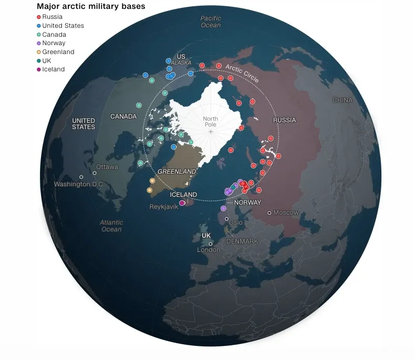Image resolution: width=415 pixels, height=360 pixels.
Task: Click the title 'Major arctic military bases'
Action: pos(91,6)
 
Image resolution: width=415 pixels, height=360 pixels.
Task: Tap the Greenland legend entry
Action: pos(58,52)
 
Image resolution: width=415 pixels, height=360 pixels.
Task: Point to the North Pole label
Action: pos(210,122)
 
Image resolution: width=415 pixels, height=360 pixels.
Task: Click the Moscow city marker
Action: pos(269,213)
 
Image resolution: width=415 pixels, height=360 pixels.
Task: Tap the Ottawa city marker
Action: pos(95,173)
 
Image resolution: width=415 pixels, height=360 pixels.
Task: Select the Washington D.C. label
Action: pos(79,184)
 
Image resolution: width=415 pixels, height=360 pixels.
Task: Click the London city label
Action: pos(209,250)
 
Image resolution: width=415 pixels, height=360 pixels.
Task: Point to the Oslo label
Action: pos(236,223)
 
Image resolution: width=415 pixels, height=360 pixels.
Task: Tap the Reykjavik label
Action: pos(164,206)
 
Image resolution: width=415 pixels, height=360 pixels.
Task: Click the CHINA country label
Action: pos(343,100)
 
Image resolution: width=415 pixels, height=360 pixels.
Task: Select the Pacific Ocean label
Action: pos(211,22)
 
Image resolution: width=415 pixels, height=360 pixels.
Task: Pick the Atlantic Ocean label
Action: pos(111,226)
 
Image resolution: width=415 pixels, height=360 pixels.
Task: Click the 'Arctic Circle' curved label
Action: pos(242,73)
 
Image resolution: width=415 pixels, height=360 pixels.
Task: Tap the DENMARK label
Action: pos(242,241)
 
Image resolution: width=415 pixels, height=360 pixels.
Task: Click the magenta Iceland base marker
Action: pos(182,203)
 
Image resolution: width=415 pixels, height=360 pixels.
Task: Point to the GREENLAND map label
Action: pos(177,172)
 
